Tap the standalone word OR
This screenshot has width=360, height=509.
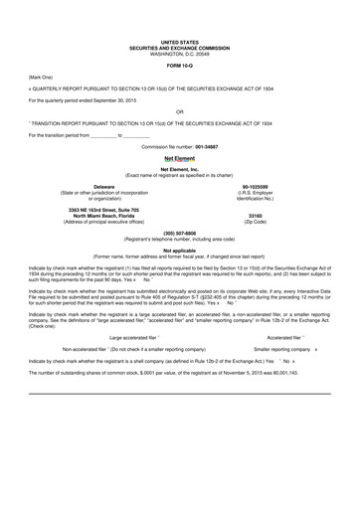click(x=179, y=111)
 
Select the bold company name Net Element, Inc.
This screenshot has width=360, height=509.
click(x=179, y=169)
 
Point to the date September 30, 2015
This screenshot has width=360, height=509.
click(x=123, y=100)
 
